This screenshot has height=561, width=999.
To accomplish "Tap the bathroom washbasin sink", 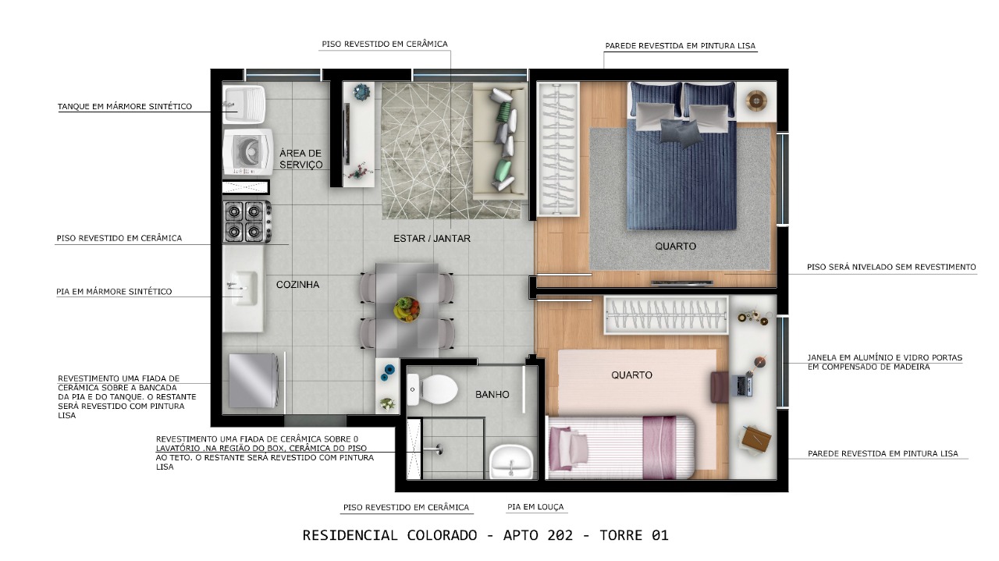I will [x=510, y=460].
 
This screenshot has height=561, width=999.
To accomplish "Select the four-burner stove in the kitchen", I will [x=243, y=221].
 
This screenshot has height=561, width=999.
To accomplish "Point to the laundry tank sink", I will [x=243, y=103].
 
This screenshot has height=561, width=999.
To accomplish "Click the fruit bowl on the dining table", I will [x=406, y=308].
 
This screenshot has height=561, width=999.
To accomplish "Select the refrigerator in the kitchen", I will [x=251, y=381].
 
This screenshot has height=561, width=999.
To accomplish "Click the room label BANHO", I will [x=492, y=395].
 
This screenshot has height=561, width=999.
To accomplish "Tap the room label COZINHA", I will [x=297, y=285].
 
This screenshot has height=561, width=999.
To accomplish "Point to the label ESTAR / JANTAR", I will [x=429, y=238].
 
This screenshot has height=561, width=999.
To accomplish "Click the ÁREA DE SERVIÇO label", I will [x=300, y=158].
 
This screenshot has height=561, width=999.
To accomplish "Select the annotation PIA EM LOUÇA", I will [x=535, y=507].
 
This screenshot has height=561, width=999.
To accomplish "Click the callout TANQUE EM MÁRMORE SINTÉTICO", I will [x=125, y=107].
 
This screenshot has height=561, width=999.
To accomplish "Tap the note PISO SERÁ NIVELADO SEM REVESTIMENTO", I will [x=891, y=268].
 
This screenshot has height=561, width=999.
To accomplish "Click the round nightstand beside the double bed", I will [x=755, y=100].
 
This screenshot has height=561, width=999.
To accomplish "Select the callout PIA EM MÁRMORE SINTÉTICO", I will [x=114, y=292].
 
